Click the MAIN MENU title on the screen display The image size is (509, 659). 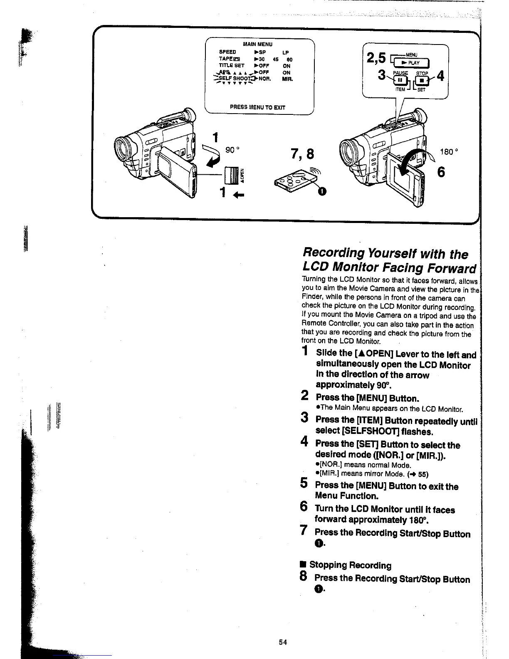click(x=257, y=44)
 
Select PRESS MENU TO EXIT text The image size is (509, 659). click(x=257, y=107)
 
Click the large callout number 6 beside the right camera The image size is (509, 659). click(x=441, y=171)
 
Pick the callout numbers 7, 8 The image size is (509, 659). click(x=303, y=154)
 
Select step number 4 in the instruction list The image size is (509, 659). click(x=304, y=442)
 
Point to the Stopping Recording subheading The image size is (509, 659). click(x=350, y=565)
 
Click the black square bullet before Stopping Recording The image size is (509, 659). click(x=303, y=565)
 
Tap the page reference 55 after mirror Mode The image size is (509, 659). click(x=423, y=474)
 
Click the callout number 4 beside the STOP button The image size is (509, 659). click(x=440, y=77)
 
